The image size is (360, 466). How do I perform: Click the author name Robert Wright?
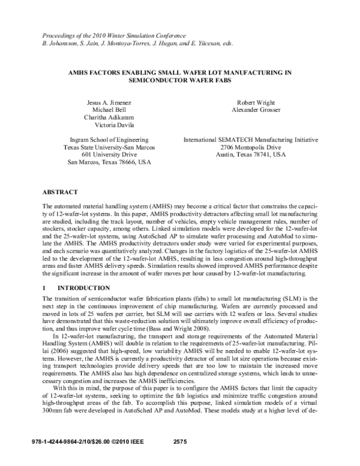251,102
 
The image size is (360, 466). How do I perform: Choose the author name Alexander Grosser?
251,110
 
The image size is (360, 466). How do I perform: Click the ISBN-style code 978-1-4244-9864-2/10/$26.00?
70,458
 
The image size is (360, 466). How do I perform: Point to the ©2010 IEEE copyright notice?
133,458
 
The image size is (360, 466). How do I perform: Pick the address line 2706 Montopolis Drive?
251,147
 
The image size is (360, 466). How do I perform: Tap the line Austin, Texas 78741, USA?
251,154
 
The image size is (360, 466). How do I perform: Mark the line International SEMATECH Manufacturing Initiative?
251,140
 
